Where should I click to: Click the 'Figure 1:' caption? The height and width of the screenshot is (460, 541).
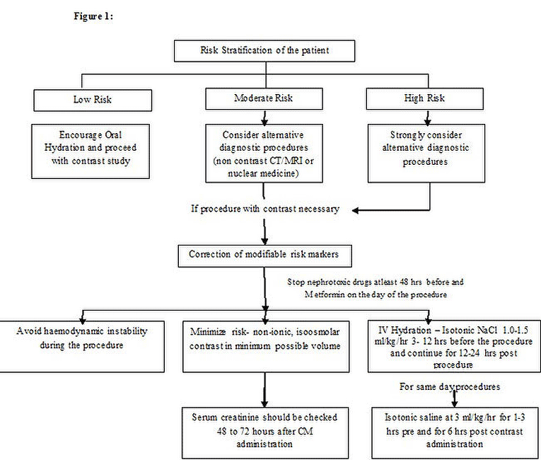[93, 16]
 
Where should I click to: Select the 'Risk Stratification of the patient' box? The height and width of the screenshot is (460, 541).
[264, 51]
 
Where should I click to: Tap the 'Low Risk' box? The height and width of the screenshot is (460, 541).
[93, 100]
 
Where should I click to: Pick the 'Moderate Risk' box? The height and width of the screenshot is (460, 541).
[264, 99]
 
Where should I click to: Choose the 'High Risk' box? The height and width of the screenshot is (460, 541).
[424, 99]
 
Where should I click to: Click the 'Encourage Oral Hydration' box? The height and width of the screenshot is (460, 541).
[91, 151]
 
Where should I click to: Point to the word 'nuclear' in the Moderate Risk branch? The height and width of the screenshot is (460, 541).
[242, 173]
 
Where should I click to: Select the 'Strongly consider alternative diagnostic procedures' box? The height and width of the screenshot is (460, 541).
[426, 154]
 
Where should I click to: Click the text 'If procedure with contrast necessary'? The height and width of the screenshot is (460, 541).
[265, 209]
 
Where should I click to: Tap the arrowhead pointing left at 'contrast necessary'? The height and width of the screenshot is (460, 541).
[356, 210]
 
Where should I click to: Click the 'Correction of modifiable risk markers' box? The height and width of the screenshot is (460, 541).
[264, 256]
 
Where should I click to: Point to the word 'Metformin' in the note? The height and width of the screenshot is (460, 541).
[325, 294]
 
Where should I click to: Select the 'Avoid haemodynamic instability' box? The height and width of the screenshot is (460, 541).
[82, 346]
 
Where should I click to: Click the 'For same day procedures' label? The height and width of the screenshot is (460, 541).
[450, 386]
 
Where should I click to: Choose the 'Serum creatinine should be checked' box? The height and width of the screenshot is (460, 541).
[265, 432]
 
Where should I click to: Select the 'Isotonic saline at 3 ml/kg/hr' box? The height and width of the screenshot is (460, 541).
[455, 432]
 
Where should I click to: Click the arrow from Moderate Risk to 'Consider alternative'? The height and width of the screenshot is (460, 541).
[264, 117]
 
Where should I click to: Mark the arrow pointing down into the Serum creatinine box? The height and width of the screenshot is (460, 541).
[264, 390]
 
